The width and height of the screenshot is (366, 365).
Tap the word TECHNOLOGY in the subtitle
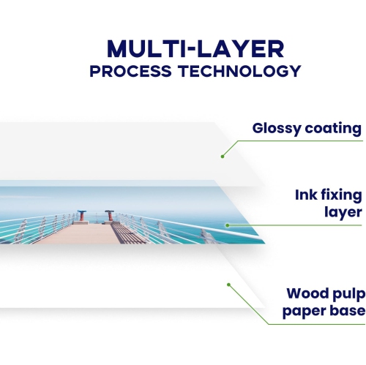pos(236,72)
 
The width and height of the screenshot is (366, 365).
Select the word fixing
pos(343,195)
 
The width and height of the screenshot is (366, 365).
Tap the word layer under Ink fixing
pos(343,212)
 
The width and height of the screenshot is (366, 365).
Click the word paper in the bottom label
pos(305,312)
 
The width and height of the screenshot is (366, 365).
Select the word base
pos(347,312)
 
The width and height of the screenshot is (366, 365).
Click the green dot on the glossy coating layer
pos(222,156)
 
